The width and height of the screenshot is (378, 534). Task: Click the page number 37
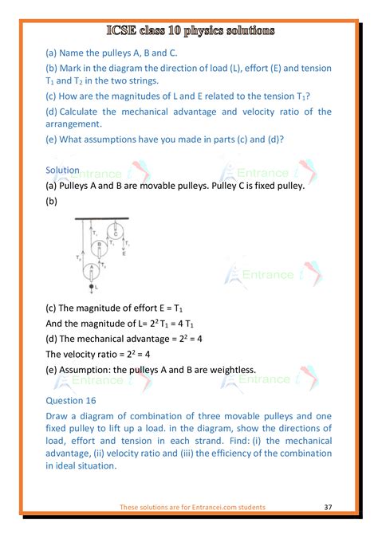pos(329,507)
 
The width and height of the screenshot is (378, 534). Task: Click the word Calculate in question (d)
pos(83,112)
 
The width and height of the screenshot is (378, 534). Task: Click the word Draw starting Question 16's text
pos(59,418)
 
